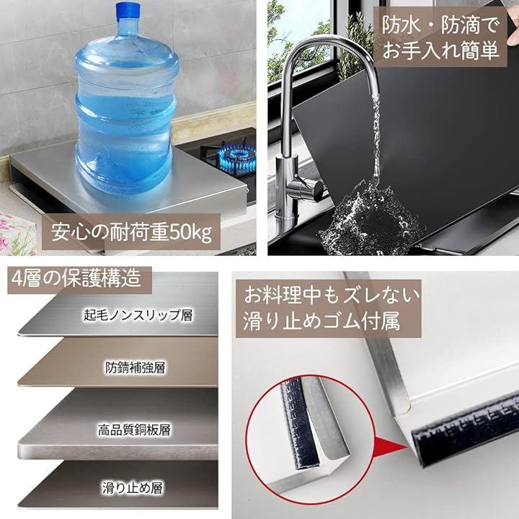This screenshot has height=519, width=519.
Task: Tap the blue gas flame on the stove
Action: tap(239, 155)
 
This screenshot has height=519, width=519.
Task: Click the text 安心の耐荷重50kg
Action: tap(131, 233)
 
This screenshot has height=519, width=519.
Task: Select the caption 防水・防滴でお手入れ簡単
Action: tap(440, 37)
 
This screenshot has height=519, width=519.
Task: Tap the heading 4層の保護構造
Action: tap(76, 278)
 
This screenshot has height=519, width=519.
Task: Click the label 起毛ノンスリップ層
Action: tap(138, 315)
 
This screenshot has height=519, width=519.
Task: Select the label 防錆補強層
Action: tap(135, 368)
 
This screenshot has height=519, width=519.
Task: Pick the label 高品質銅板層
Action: tap(134, 430)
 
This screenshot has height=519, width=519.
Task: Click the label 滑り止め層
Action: tap(132, 488)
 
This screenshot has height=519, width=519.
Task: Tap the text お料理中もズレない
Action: tap(332, 296)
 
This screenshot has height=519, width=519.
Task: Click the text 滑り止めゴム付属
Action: tap(321, 321)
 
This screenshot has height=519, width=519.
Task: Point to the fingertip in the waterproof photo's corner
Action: tap(513, 37)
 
